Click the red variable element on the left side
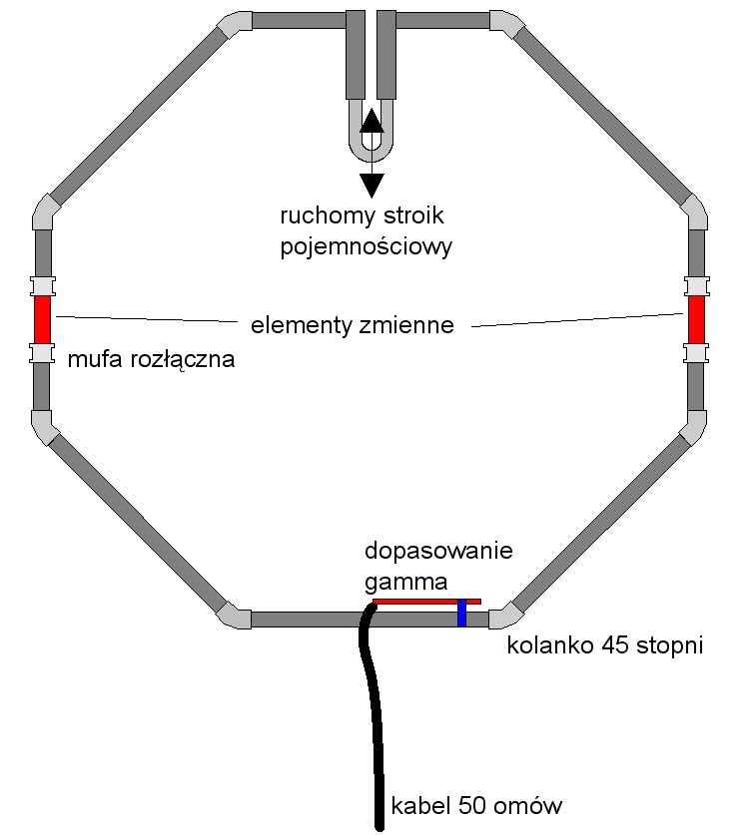tap(42, 319)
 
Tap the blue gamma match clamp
tap(462, 613)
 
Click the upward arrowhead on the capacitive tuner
tap(372, 120)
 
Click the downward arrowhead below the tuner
tap(372, 185)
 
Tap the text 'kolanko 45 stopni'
tap(605, 645)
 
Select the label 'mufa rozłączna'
tap(151, 360)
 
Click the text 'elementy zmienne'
tap(353, 325)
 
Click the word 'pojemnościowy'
tap(367, 245)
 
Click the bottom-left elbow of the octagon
tap(233, 615)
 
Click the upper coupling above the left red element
tap(42, 286)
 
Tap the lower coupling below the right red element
tap(696, 353)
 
